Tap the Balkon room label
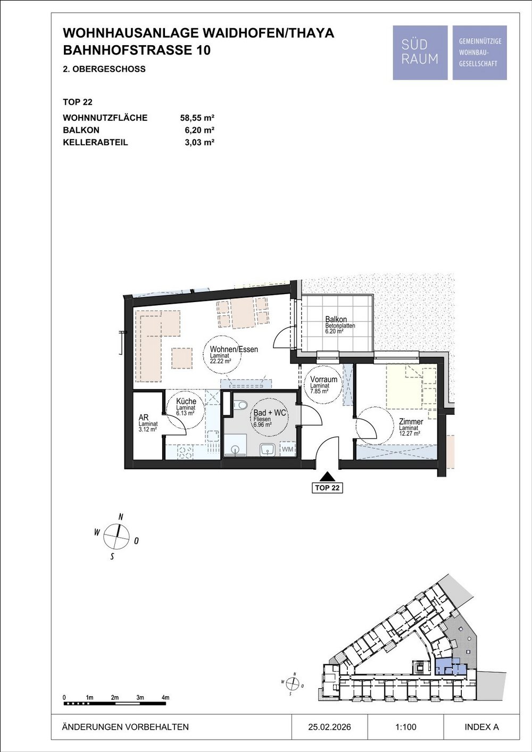pyautogui.click(x=336, y=319)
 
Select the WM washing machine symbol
pyautogui.click(x=287, y=449)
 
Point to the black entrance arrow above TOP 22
pyautogui.click(x=327, y=477)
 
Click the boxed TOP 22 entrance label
pyautogui.click(x=327, y=488)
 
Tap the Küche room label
pyautogui.click(x=186, y=401)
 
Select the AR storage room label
pyautogui.click(x=144, y=417)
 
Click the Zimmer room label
pyautogui.click(x=411, y=422)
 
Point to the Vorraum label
pyautogui.click(x=324, y=379)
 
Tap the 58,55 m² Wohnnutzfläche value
pyautogui.click(x=197, y=118)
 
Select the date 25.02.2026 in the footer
pyautogui.click(x=329, y=727)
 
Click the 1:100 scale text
pyautogui.click(x=406, y=727)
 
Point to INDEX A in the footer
pyautogui.click(x=481, y=727)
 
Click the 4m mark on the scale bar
pyautogui.click(x=165, y=697)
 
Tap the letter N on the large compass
pyautogui.click(x=121, y=516)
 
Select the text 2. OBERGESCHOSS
pyautogui.click(x=104, y=69)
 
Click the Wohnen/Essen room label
pyautogui.click(x=234, y=349)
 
